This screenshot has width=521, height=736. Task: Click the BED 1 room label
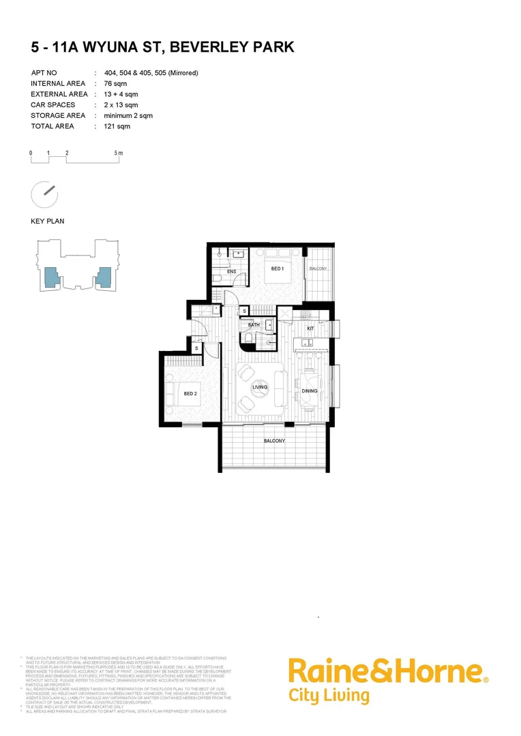[x=277, y=269]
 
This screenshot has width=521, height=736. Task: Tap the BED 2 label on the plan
[x=190, y=394]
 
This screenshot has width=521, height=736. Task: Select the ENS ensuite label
[x=231, y=271]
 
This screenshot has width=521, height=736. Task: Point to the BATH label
[x=254, y=325]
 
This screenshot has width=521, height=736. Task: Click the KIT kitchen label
[x=310, y=328]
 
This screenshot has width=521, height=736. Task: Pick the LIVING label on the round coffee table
[x=259, y=388]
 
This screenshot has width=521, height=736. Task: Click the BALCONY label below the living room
[x=274, y=441]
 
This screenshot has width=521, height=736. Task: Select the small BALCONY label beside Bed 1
[x=318, y=269]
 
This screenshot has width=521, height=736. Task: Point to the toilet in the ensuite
[x=218, y=277]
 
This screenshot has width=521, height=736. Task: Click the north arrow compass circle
[x=44, y=194]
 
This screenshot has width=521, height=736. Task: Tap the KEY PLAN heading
[x=47, y=221]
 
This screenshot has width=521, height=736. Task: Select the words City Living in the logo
[x=329, y=696]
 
